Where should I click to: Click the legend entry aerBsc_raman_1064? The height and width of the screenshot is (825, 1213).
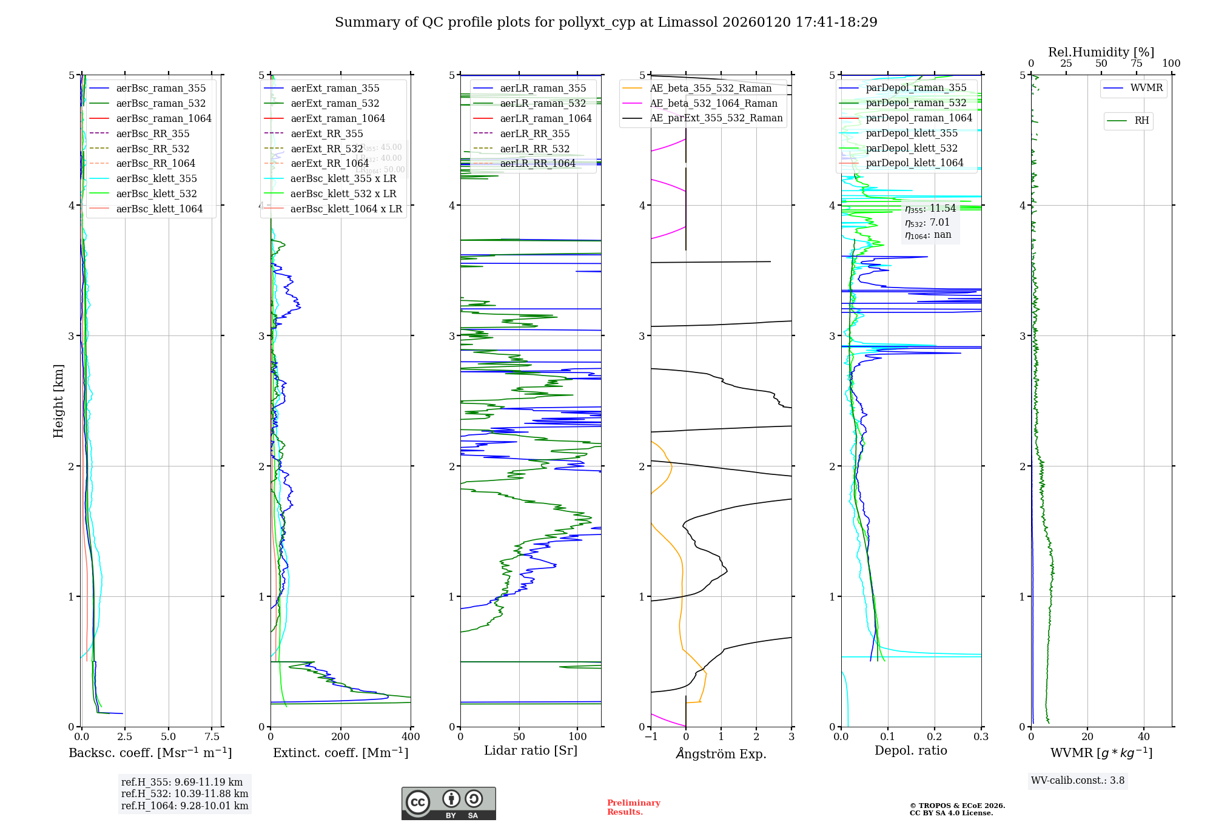tap(164, 118)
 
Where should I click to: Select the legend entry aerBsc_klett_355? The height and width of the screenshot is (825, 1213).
tap(156, 178)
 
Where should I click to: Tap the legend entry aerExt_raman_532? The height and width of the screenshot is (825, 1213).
tap(335, 103)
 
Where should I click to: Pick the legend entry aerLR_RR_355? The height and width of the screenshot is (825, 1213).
tap(534, 133)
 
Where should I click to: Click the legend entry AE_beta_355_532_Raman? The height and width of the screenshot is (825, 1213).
tap(710, 88)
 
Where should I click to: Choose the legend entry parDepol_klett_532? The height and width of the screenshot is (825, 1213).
tap(912, 148)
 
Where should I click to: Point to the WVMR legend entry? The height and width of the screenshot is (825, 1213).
tap(1146, 88)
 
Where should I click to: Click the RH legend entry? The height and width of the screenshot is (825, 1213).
tap(1141, 121)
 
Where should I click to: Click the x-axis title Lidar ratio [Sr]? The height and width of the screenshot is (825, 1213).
tap(531, 750)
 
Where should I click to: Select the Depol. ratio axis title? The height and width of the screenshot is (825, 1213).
tap(910, 750)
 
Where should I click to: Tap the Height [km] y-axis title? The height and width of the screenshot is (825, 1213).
tap(58, 401)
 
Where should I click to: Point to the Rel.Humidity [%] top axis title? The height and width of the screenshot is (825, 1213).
tap(1101, 52)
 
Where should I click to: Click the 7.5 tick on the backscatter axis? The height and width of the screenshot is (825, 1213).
tap(212, 736)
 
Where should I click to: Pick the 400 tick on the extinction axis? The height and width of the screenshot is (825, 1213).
tap(411, 736)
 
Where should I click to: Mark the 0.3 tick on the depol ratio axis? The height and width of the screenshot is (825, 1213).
tap(981, 736)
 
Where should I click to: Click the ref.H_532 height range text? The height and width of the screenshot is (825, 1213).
tap(184, 793)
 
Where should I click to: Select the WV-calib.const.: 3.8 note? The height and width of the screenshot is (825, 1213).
tap(1078, 781)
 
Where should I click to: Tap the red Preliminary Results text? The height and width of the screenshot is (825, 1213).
tap(633, 807)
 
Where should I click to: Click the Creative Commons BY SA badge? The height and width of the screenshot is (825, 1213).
tap(448, 803)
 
